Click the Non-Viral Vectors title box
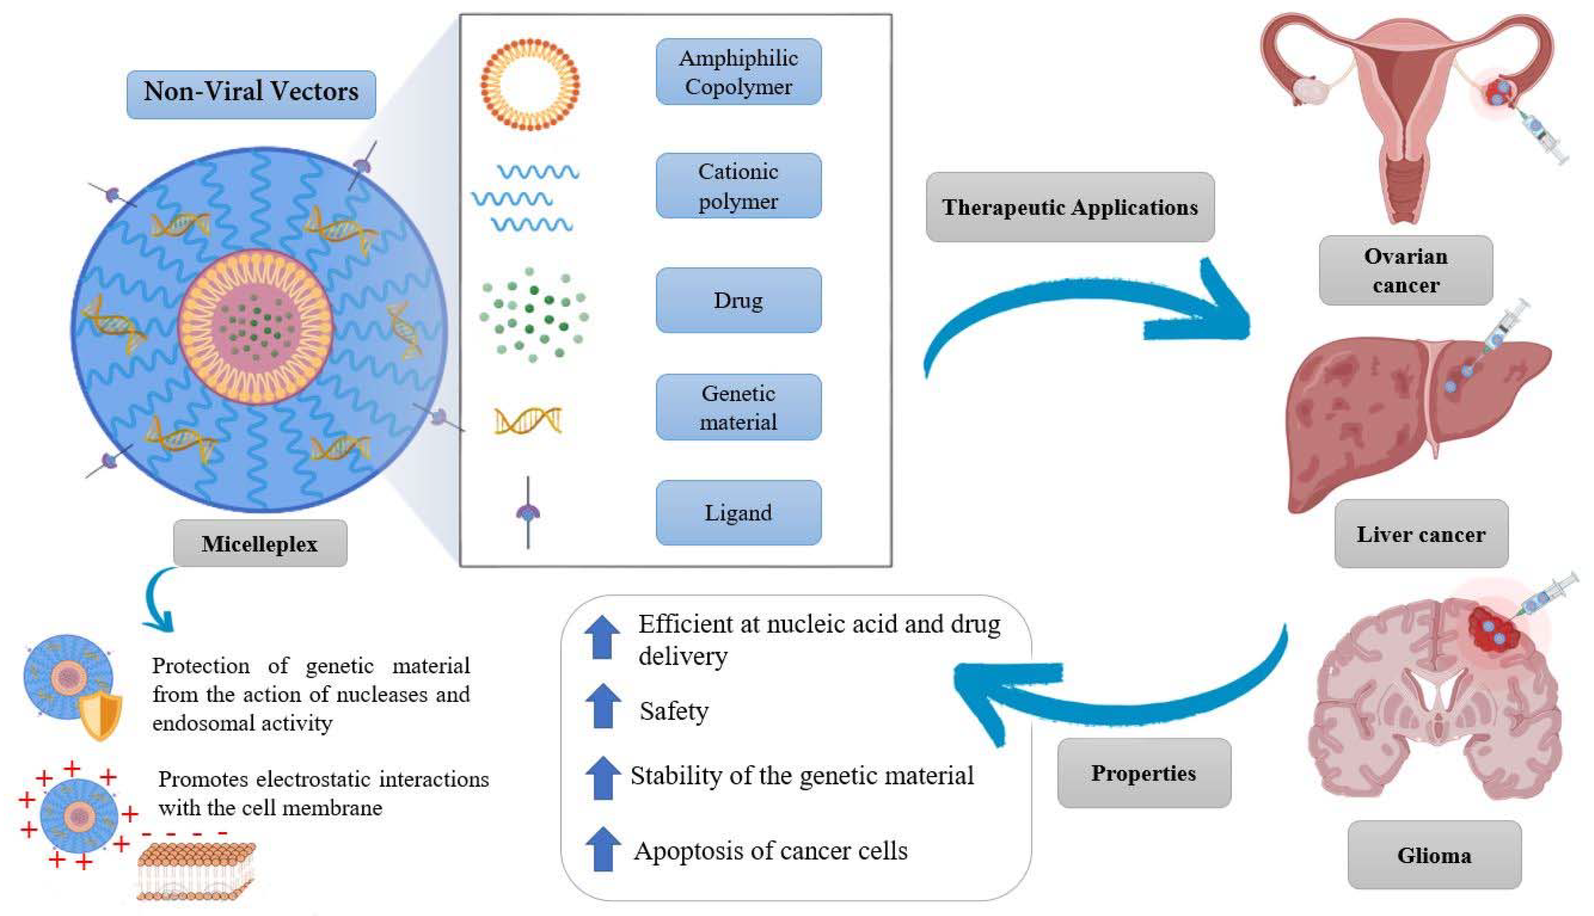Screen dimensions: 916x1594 [x=251, y=94]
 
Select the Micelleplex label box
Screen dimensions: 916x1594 [x=260, y=543]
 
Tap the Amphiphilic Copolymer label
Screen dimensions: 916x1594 [x=738, y=72]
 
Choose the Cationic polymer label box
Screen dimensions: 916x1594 [x=738, y=186]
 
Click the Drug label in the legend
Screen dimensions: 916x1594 [x=738, y=300]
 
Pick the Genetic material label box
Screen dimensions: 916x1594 [x=738, y=407]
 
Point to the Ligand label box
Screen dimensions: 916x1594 [x=738, y=512]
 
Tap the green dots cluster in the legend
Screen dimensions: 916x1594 [x=533, y=315]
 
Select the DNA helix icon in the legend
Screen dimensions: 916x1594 [x=528, y=420]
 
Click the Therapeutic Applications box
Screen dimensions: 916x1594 [x=1069, y=207]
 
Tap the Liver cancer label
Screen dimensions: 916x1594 [x=1421, y=534]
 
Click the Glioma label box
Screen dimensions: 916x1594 [x=1434, y=855]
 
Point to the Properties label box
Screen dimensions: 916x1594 [x=1143, y=773]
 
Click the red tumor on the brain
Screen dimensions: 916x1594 [x=1492, y=629]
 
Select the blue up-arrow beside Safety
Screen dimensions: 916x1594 [x=602, y=706]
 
